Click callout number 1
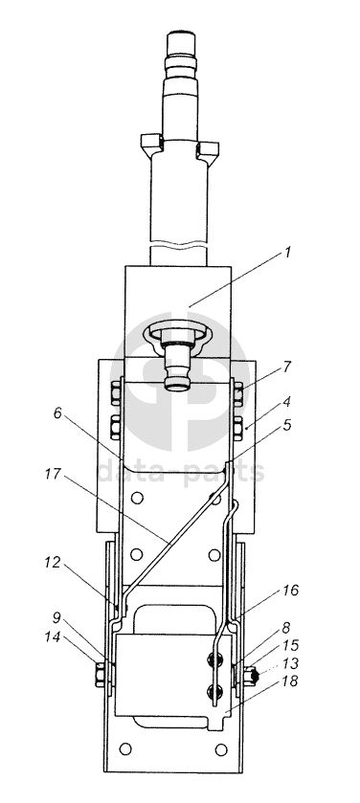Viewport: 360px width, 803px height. click(288, 253)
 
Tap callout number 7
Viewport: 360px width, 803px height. click(287, 367)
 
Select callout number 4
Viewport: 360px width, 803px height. click(286, 402)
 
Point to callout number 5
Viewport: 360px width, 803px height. click(287, 425)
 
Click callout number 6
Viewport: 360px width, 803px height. click(57, 413)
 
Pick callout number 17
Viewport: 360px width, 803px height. click(53, 474)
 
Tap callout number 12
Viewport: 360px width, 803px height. click(53, 563)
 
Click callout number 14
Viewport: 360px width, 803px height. click(52, 637)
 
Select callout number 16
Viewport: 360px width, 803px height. click(289, 591)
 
